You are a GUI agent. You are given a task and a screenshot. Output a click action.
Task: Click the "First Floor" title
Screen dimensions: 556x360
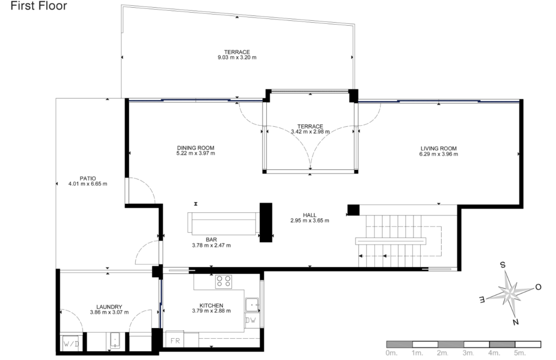click(39, 6)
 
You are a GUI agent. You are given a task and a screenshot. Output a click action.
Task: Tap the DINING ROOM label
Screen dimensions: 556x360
click(196, 148)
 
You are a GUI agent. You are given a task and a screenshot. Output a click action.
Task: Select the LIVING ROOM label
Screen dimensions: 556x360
click(438, 148)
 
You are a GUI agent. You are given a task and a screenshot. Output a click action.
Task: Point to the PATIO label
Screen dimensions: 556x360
click(88, 179)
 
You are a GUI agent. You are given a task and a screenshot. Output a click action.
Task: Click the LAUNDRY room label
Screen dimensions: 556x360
click(109, 307)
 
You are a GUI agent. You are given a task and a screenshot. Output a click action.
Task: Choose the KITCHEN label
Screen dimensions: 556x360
click(212, 305)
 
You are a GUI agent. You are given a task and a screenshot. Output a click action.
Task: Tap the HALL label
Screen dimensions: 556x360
click(310, 215)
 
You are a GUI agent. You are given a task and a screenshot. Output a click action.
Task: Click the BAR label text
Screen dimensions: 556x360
click(212, 240)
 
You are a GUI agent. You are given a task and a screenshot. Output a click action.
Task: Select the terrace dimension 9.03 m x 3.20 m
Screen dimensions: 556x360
click(237, 57)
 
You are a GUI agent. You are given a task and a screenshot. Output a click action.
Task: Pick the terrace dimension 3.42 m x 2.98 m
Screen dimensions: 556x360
click(311, 131)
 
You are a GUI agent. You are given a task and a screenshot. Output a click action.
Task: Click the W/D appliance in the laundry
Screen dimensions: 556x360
click(71, 344)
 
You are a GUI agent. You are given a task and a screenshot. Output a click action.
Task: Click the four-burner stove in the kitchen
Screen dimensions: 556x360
click(224, 281)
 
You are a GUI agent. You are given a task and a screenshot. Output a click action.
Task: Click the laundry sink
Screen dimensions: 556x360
click(115, 341)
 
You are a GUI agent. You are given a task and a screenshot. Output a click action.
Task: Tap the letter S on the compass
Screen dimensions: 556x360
click(503, 264)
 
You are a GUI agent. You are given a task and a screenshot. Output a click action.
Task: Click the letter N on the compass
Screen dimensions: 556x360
click(516, 322)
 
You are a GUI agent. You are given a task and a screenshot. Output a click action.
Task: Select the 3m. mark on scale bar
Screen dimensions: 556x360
click(468, 353)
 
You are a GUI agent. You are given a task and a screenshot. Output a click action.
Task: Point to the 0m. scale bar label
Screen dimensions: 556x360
click(392, 353)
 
